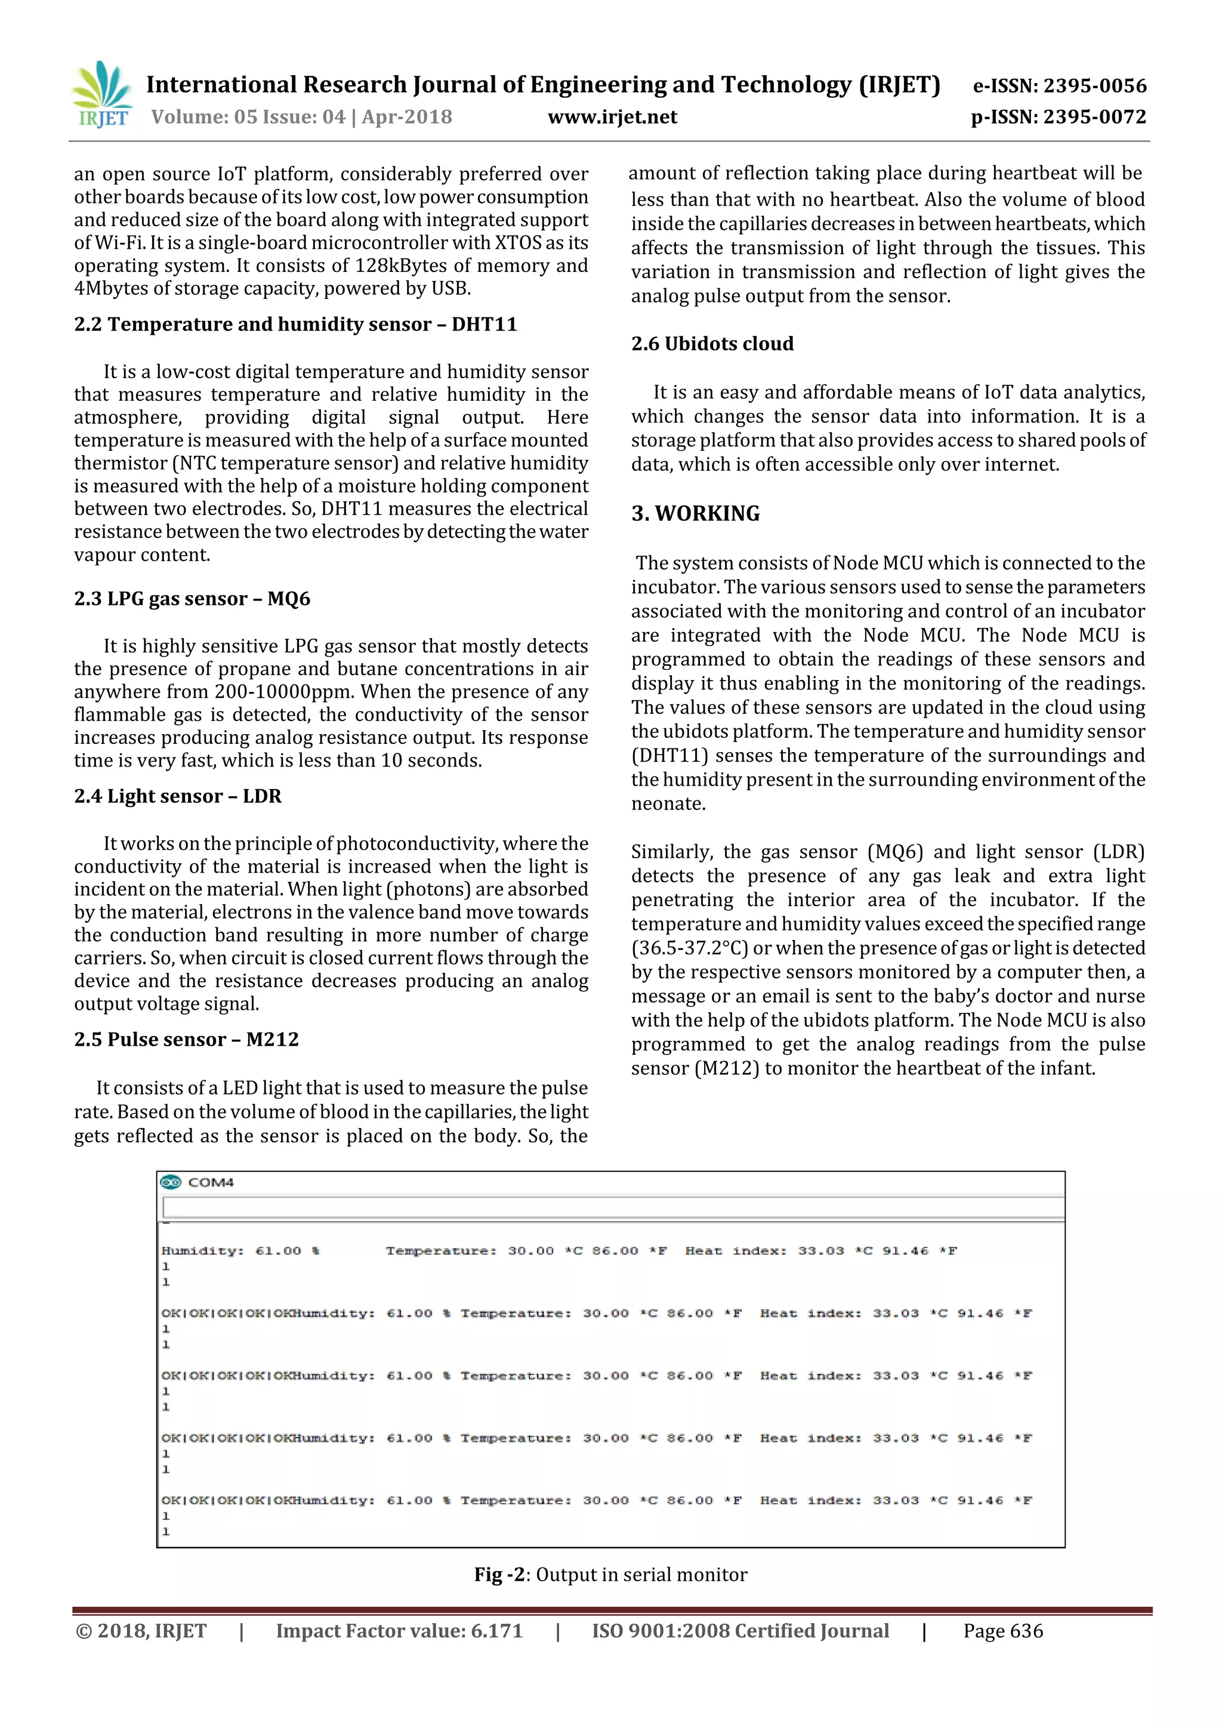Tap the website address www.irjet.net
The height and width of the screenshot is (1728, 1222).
coord(612,117)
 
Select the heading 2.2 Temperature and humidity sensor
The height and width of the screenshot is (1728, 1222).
coord(295,324)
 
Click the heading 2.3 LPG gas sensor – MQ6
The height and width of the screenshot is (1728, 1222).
coord(192,598)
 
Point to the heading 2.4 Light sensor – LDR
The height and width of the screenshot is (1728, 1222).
coord(178,796)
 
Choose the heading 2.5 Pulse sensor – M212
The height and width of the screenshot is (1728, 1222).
coord(186,1039)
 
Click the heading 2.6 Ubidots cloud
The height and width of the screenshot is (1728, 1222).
coord(712,344)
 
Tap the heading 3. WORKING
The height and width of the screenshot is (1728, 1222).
coord(696,514)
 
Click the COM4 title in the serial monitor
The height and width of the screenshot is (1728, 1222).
coord(211,1182)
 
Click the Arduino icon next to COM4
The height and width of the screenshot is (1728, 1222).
coord(172,1182)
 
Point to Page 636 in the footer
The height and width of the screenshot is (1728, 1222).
coord(1003,1631)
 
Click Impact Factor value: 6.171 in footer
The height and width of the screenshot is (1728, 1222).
coord(399,1631)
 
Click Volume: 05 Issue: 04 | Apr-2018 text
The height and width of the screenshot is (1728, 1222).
coord(301,117)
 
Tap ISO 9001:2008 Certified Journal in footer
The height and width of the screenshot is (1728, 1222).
coord(740,1631)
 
